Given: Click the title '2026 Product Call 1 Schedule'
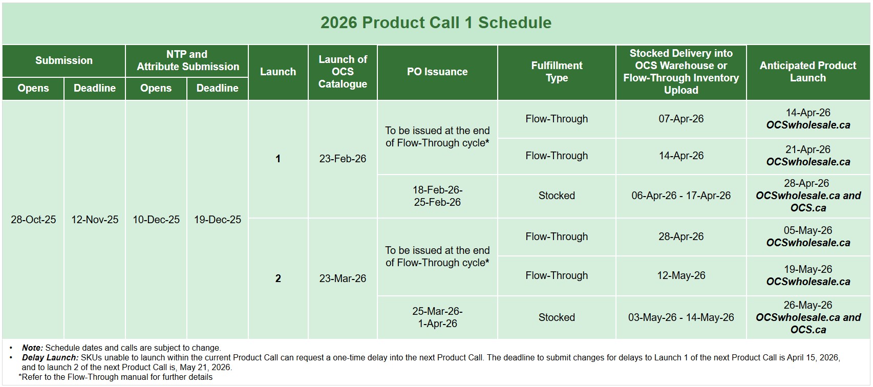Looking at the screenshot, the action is [x=436, y=23].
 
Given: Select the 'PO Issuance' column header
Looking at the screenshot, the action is [x=437, y=72].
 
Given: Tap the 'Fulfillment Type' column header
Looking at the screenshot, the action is [x=557, y=72].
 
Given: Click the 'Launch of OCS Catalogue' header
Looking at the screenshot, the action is [x=343, y=72].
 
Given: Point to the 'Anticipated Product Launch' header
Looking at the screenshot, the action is [x=808, y=72].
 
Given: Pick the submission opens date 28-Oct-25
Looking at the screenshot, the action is [x=33, y=220].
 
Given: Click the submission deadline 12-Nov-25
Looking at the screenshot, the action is [x=95, y=220].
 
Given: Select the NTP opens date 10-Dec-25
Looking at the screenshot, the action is [x=156, y=220].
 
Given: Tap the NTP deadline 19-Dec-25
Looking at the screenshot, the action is [x=218, y=220].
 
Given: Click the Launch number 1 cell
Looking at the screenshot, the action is [x=278, y=159].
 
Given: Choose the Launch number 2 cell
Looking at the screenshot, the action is [x=278, y=278].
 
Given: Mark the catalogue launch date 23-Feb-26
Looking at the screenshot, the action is [x=343, y=159].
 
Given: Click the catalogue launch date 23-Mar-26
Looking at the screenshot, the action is [x=343, y=278].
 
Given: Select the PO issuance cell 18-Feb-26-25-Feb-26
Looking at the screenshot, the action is [x=437, y=196].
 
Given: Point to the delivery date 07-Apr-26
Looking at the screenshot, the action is [x=681, y=118].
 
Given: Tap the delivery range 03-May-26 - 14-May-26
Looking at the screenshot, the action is [x=681, y=317].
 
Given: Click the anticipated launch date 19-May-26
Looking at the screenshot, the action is [x=808, y=269].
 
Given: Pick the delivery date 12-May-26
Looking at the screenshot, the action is [x=681, y=275].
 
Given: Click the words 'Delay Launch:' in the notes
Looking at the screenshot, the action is [x=50, y=357].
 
